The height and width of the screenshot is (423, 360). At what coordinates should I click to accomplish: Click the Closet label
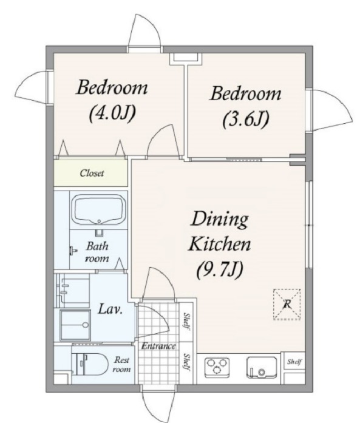point(92,173)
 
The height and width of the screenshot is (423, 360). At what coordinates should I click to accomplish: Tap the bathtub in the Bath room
point(99,209)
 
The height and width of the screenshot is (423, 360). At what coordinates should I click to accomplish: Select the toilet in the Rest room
point(91,364)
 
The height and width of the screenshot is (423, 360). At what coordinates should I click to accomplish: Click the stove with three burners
point(217,367)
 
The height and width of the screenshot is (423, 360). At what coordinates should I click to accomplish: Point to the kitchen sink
point(262,367)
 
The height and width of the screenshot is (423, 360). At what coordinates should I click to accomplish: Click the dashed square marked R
point(287,304)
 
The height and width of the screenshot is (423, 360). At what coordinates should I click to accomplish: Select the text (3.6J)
point(246,119)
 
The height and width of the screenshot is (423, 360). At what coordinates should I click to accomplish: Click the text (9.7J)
point(220,270)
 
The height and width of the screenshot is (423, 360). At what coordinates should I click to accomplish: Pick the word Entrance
point(158,346)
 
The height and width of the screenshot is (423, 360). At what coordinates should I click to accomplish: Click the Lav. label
point(110,309)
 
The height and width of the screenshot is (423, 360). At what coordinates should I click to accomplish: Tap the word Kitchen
point(219,244)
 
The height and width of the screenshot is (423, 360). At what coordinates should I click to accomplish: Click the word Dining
point(219,220)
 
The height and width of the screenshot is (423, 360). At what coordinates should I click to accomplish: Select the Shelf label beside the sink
point(294,362)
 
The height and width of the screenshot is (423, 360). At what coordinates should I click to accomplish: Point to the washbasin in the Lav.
point(75,325)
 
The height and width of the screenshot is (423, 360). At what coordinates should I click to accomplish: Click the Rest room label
point(121,365)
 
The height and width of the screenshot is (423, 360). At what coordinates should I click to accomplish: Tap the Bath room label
point(97,252)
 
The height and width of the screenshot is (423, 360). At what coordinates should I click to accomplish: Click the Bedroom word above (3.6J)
point(245,94)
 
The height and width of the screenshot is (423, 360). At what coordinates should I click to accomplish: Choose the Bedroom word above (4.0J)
point(112,87)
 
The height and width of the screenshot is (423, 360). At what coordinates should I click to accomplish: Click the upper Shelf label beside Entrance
point(186,320)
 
